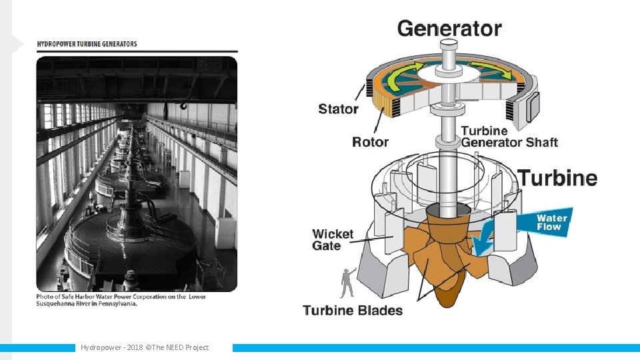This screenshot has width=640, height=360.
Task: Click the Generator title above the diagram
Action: click(449, 29)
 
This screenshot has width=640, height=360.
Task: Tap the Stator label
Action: click(338, 109)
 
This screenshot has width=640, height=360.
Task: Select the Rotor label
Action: click(370, 141)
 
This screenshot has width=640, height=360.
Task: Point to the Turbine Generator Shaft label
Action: click(509, 137)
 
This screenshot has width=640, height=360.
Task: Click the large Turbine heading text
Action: click(557, 178)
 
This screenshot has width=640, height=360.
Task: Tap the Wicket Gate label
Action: click(333, 239)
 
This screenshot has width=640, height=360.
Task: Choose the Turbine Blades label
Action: click(353, 310)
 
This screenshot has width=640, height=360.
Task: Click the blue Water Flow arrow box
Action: click(552, 222)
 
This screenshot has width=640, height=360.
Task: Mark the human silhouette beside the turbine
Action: click(347, 283)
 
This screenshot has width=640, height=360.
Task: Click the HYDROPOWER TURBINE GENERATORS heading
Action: click(87, 45)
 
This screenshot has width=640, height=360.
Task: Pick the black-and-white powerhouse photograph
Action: click(137, 173)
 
